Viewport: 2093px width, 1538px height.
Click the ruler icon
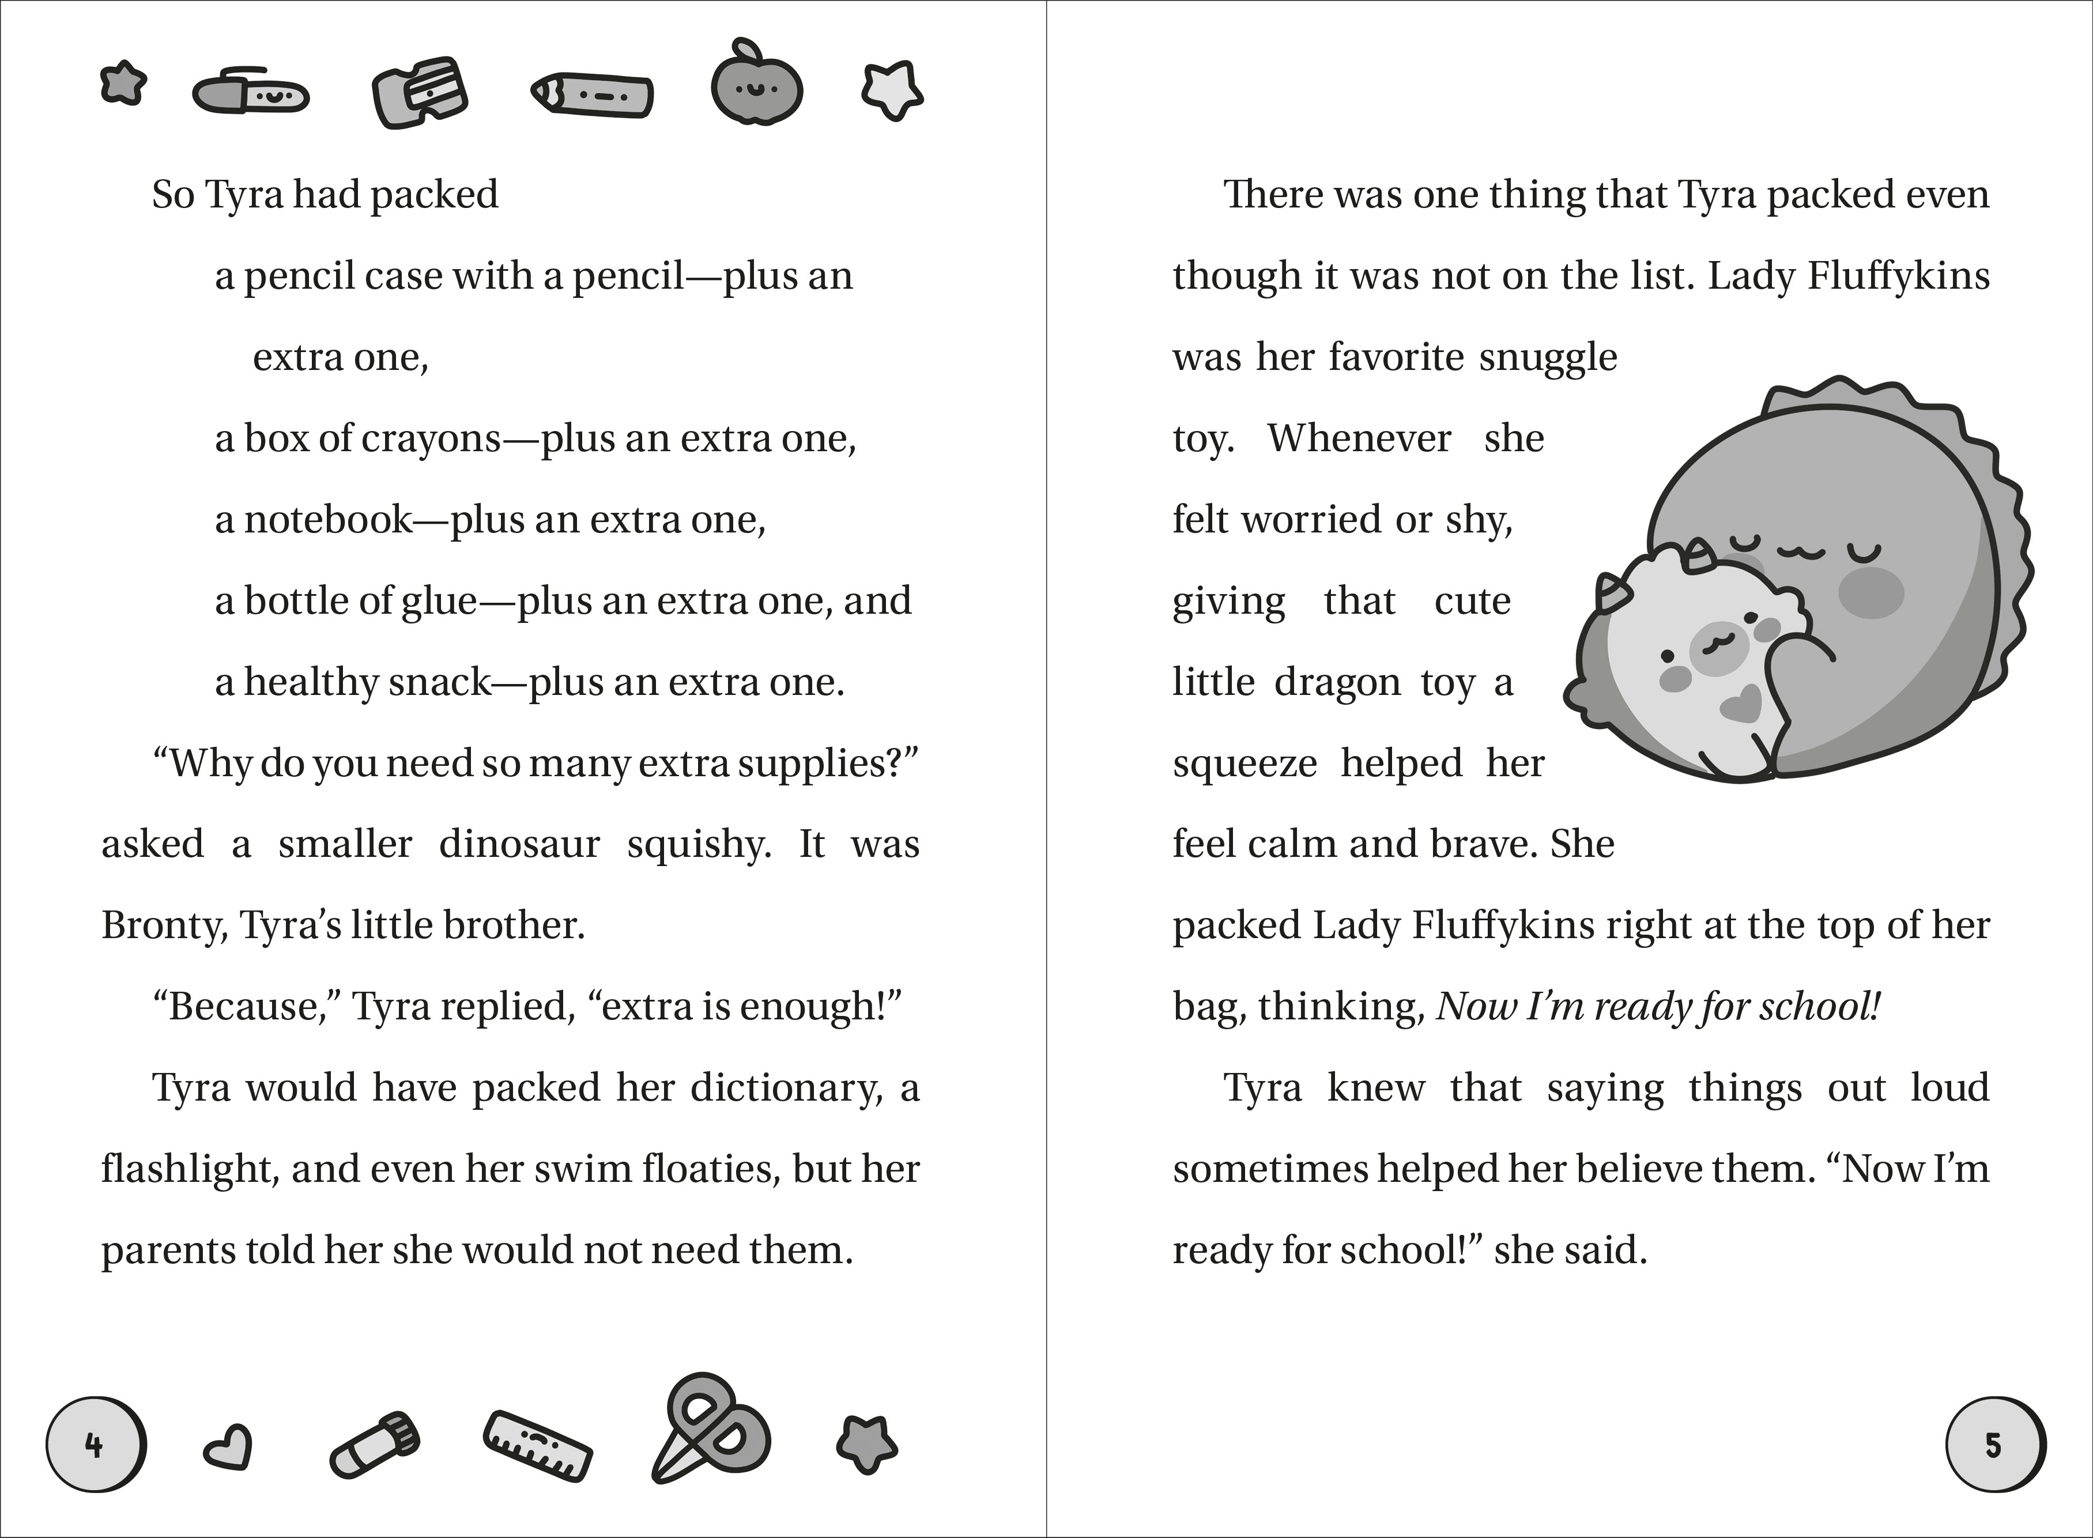pyautogui.click(x=538, y=1447)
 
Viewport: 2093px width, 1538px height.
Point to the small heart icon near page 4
pyautogui.click(x=227, y=1449)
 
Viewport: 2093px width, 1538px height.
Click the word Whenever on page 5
pyautogui.click(x=1359, y=439)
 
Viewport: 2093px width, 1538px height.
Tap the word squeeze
pyautogui.click(x=1244, y=764)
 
